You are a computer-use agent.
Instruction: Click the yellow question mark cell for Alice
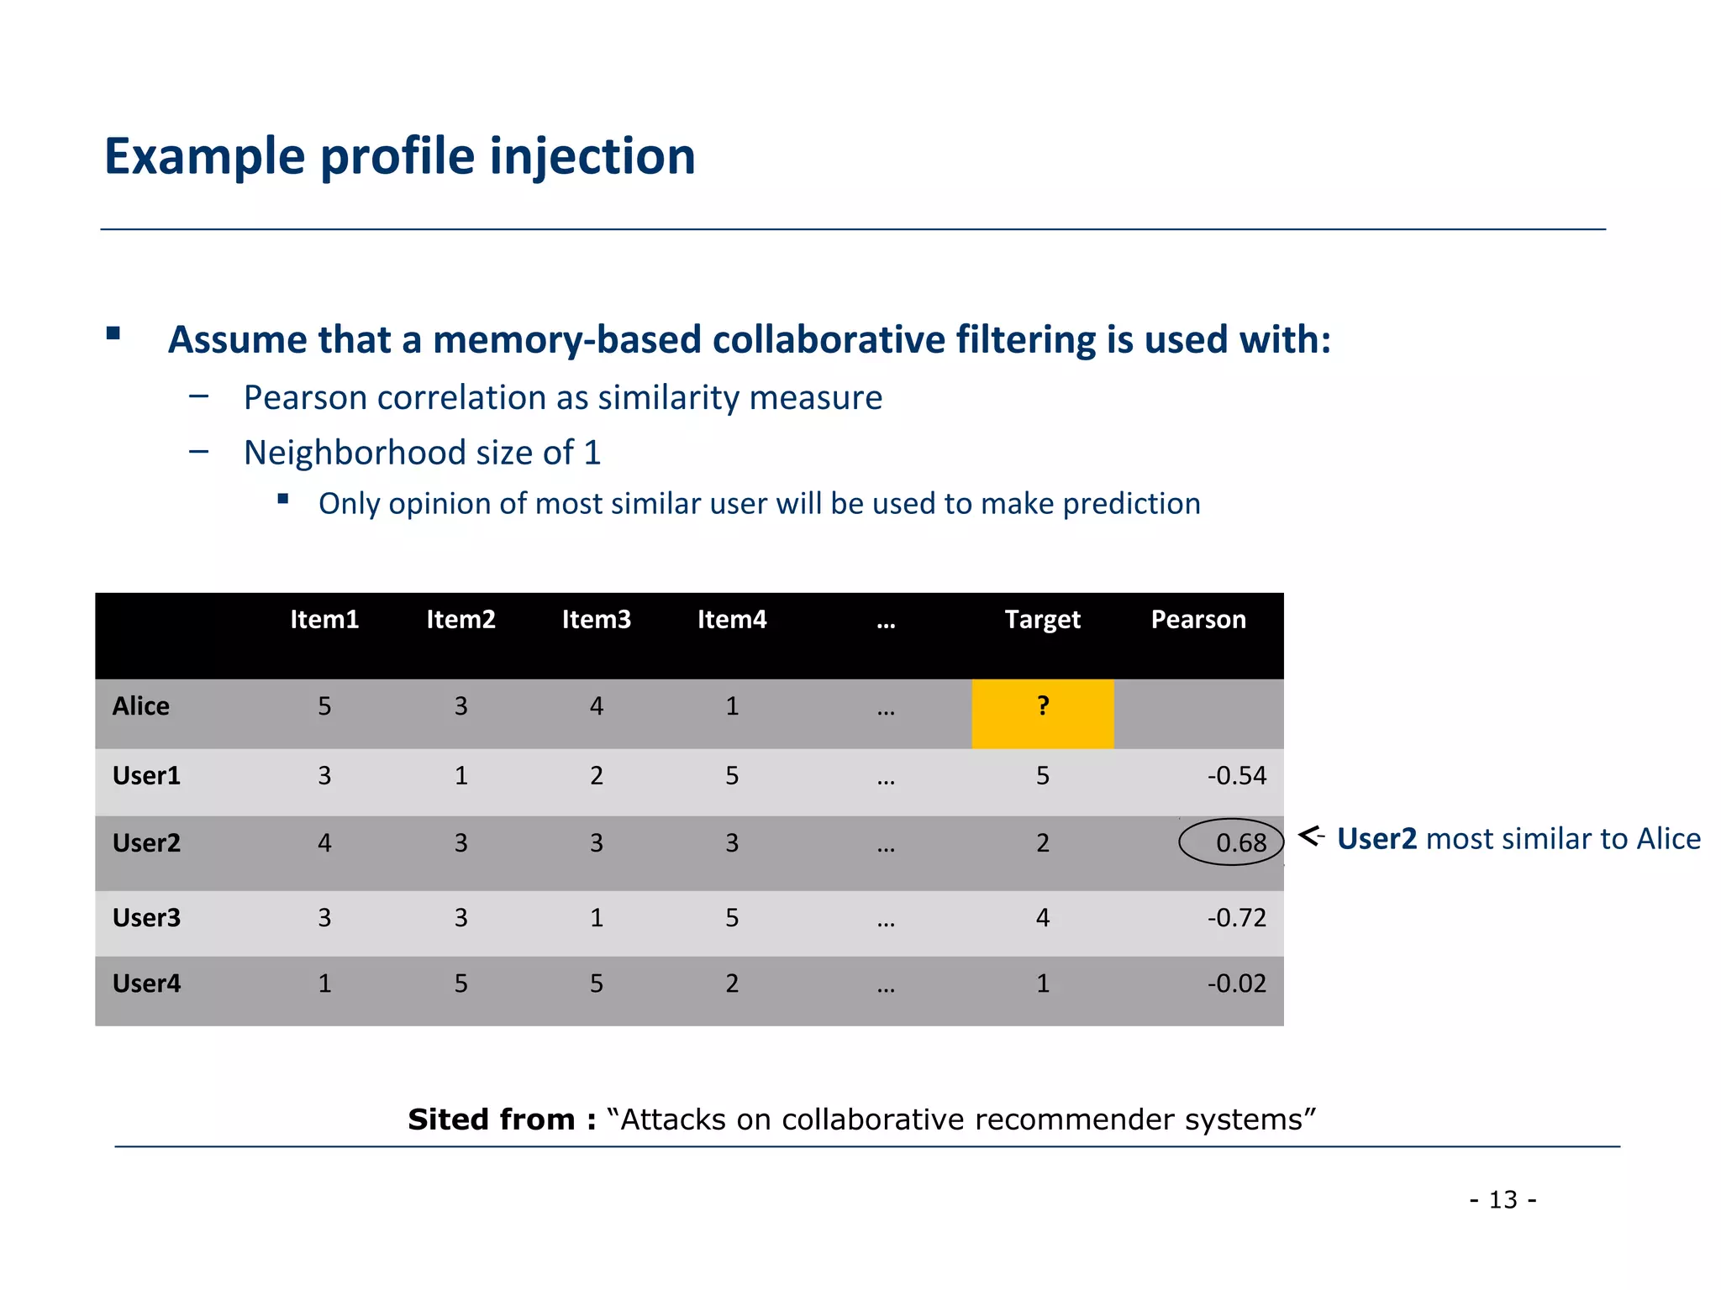[1042, 713]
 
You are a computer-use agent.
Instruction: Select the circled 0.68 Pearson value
[1231, 842]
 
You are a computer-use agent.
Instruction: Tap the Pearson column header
[1197, 620]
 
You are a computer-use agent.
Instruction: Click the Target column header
[1042, 620]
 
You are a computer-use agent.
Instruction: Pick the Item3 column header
[596, 620]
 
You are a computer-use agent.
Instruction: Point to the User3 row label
[146, 917]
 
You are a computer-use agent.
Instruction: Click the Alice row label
[140, 705]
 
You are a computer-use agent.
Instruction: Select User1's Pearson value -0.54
[1236, 775]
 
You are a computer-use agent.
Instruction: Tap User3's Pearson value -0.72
[1236, 917]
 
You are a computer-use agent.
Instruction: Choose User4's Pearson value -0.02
[1236, 983]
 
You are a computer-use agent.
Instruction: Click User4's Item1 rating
[324, 983]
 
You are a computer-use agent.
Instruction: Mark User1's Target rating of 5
[1042, 775]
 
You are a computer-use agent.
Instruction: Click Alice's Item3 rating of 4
[596, 705]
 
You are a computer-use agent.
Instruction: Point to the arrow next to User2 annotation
[1311, 836]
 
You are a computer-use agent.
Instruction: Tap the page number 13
[1503, 1199]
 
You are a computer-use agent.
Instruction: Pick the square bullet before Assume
[113, 333]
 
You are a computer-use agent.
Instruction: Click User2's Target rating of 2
[1042, 842]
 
